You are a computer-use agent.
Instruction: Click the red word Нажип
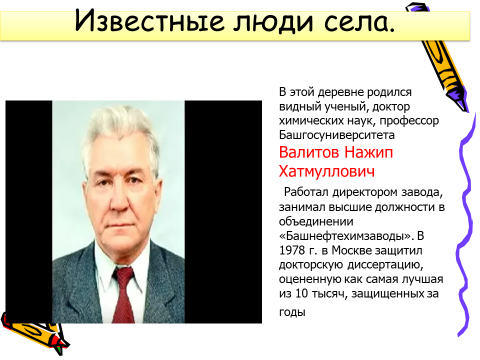point(369,153)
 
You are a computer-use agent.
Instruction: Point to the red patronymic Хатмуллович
point(327,171)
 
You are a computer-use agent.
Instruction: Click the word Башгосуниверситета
point(337,135)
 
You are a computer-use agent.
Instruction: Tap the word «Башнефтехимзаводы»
point(346,235)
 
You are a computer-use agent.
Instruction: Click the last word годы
point(292,312)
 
